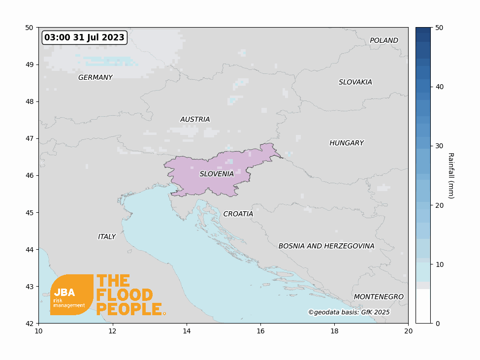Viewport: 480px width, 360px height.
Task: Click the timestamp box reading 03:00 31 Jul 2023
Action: pos(84,37)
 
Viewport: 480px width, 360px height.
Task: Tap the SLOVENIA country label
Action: pos(217,174)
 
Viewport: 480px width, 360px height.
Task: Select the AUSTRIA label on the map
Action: pos(195,119)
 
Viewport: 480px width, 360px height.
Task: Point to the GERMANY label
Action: pos(95,77)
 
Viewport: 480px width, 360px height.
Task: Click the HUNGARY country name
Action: pos(347,143)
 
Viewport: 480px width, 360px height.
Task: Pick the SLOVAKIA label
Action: pos(355,82)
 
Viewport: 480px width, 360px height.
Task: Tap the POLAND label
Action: pos(384,40)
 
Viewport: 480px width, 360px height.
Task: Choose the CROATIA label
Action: pos(238,214)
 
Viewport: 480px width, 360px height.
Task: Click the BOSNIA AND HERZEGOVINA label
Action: pos(326,246)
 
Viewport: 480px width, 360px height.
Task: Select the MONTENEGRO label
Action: pos(379,296)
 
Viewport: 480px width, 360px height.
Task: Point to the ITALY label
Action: pos(107,236)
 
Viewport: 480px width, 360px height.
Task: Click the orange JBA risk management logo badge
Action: pos(71,295)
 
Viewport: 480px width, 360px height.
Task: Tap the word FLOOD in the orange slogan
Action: pos(125,295)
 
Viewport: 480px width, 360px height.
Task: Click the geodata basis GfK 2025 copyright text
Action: pos(349,312)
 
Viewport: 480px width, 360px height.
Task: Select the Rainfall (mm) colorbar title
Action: pos(450,175)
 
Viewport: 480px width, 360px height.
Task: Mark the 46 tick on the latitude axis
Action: pos(30,175)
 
